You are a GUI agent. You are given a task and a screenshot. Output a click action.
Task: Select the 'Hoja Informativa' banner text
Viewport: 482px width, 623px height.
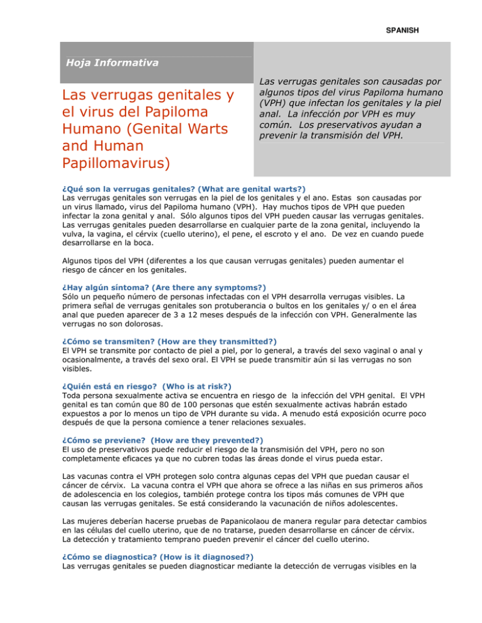point(112,62)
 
